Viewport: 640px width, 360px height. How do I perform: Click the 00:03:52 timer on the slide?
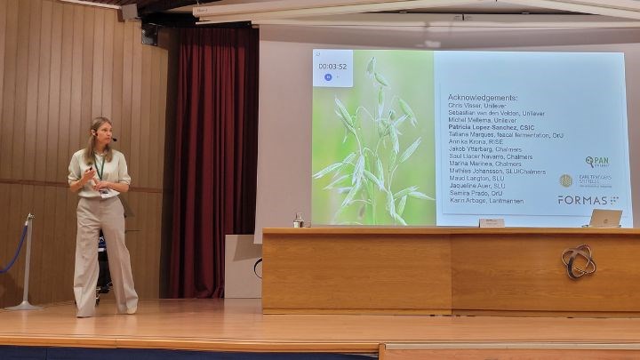332,65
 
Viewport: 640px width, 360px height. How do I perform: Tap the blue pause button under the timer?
329,77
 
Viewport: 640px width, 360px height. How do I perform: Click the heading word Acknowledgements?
482,98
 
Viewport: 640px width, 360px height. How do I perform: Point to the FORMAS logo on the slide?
588,200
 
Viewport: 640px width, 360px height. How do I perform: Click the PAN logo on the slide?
597,162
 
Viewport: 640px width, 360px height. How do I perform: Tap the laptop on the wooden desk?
606,219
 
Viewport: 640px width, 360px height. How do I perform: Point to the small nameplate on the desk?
491,223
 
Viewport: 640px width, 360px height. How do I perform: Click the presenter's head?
100,132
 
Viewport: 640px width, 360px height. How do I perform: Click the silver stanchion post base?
24,306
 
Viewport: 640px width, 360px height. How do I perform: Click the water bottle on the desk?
299,220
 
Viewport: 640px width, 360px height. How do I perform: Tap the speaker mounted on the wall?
149,34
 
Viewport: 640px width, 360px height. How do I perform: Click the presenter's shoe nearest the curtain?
131,308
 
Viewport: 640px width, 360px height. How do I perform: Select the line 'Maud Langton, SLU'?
477,178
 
